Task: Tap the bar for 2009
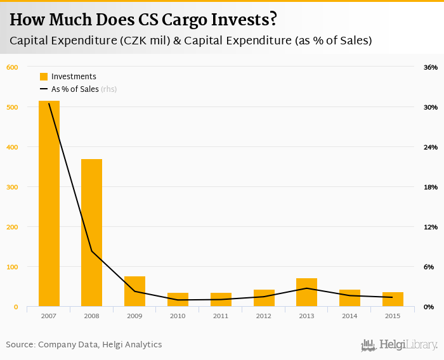[x=134, y=292]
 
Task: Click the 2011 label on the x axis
[x=221, y=316]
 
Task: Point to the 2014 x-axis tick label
[x=349, y=316]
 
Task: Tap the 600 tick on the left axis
[x=12, y=67]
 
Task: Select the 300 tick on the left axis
[x=12, y=187]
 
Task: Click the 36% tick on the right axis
[x=430, y=67]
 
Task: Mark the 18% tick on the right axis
[x=430, y=187]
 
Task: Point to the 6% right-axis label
[x=429, y=267]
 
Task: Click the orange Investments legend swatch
[x=44, y=77]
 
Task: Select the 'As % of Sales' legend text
[x=75, y=89]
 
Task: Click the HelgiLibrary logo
[x=399, y=345]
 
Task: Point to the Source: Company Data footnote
[x=84, y=345]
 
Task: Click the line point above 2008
[x=91, y=252]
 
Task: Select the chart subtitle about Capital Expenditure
[x=190, y=41]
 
